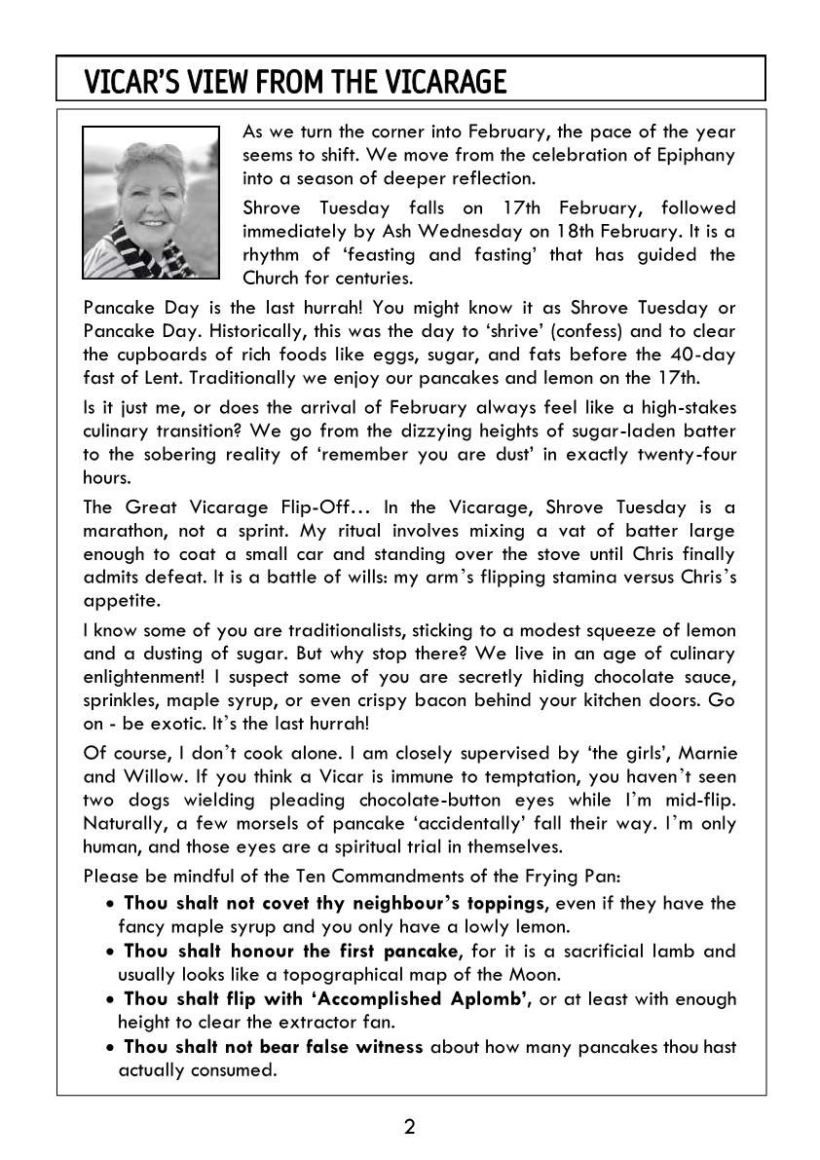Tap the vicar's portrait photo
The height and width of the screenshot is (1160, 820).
151,202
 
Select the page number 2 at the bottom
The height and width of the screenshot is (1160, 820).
409,1128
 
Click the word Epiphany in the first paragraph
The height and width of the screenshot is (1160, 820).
696,154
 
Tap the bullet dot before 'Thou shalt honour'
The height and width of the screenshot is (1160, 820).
112,951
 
